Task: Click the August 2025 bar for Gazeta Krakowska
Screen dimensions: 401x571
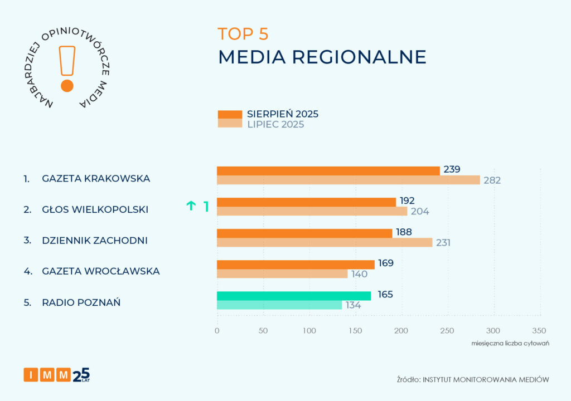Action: tap(328, 170)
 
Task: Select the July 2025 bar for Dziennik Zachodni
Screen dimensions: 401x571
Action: tap(324, 242)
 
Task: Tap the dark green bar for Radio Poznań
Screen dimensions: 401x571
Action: tap(293, 296)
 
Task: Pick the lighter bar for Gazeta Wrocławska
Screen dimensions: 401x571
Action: tap(282, 273)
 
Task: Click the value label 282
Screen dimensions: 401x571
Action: tap(492, 180)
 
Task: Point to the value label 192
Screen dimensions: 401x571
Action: tap(407, 201)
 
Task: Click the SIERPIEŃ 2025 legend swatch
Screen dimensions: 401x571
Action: tap(229, 114)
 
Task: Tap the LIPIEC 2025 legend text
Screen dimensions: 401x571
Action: tap(275, 124)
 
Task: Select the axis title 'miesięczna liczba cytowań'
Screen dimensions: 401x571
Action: tap(510, 343)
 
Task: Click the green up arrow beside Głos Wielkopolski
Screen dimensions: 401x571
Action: tap(191, 206)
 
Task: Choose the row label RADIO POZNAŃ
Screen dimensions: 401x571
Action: tap(81, 302)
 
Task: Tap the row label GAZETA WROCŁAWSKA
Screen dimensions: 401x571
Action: tap(101, 271)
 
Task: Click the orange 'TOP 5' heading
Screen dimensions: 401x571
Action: tap(243, 34)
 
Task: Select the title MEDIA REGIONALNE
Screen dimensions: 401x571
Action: tap(322, 57)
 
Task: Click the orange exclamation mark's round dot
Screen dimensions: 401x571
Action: tap(67, 86)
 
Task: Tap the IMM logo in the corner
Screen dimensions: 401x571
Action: tap(56, 375)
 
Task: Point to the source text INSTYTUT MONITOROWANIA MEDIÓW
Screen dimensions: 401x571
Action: tap(486, 379)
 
